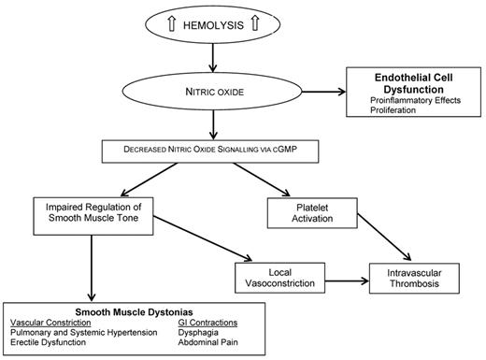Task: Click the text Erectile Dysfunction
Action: (48, 344)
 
